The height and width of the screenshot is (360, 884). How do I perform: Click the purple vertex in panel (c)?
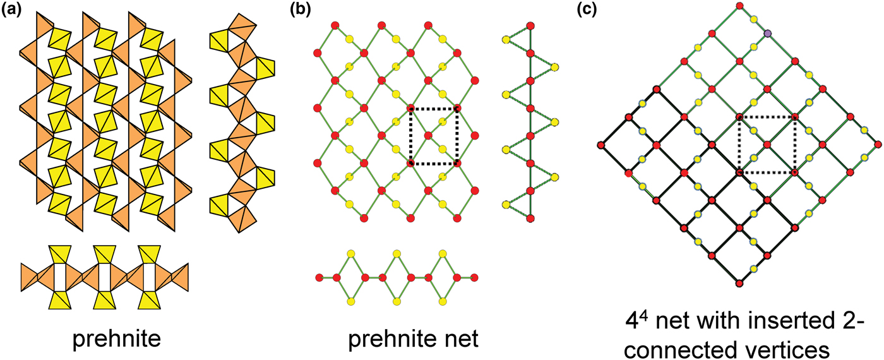pyautogui.click(x=767, y=33)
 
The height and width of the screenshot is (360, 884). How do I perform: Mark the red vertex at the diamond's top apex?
pyautogui.click(x=739, y=6)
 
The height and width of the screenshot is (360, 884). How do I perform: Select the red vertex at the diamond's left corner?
pyautogui.click(x=600, y=145)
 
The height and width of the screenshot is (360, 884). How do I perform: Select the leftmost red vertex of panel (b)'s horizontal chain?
pyautogui.click(x=320, y=277)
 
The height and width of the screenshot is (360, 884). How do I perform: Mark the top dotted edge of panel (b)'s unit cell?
pyautogui.click(x=434, y=108)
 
